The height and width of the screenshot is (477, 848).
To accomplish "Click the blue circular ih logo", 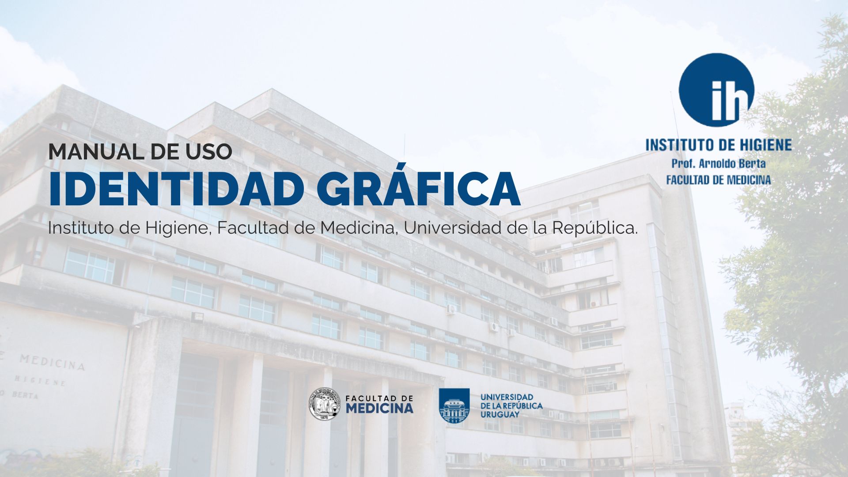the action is (716, 90).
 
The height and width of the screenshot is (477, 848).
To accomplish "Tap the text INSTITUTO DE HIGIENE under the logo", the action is (719, 145).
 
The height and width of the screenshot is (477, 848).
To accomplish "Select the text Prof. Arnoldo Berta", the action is (719, 163).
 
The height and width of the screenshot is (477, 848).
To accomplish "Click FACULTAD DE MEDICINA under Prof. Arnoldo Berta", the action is (719, 180).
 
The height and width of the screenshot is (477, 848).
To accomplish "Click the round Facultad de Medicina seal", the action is (325, 404).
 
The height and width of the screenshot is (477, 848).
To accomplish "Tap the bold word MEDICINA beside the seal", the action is (379, 408).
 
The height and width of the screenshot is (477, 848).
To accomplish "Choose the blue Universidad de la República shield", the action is (454, 405).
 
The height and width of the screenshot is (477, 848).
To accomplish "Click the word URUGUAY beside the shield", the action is (500, 415).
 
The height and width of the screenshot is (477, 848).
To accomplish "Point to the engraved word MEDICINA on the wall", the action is (52, 362).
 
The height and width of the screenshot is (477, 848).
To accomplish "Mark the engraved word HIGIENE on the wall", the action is (40, 381).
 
